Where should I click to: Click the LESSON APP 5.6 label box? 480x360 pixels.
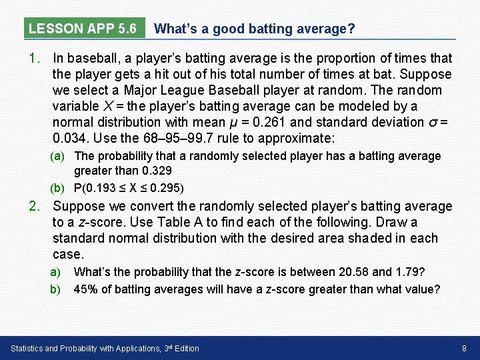[83, 29]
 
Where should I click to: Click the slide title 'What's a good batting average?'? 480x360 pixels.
[254, 29]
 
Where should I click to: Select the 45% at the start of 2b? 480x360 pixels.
[85, 289]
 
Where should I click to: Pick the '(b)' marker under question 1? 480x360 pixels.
[59, 187]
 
